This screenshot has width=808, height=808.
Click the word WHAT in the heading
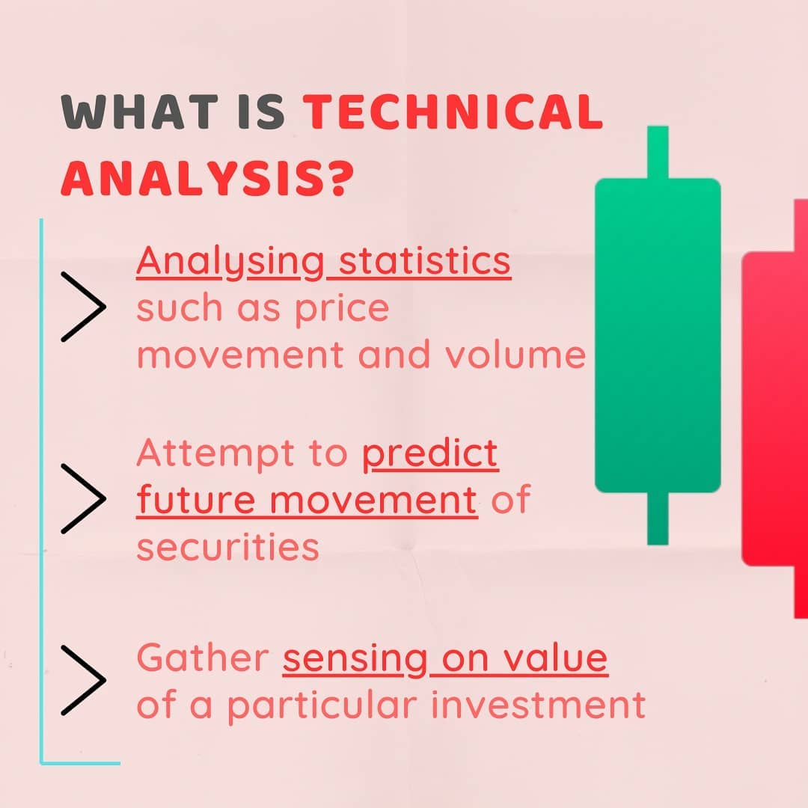point(139,111)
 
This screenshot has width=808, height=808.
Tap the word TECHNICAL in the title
point(453,111)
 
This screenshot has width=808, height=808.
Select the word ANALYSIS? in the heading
point(208,179)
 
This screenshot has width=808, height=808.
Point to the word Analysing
point(230,263)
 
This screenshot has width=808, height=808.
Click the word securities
point(227,547)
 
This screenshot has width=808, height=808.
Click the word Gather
point(203,658)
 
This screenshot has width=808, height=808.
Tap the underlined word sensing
point(355,660)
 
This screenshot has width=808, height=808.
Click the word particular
point(322,706)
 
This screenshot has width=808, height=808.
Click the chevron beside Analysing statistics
point(84,307)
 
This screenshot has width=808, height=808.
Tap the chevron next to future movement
point(84,498)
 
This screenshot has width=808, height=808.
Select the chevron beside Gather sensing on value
point(84,680)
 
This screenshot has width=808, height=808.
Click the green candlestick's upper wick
point(658,152)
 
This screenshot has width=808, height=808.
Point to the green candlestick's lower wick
point(658,518)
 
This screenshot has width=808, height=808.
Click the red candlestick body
point(775,408)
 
